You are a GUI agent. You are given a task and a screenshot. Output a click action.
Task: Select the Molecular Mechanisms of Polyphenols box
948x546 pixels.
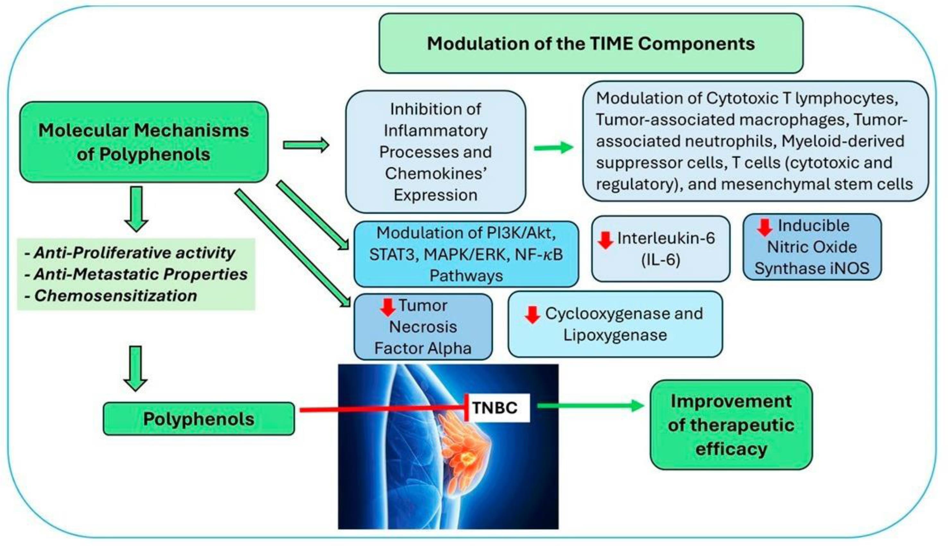click(x=144, y=142)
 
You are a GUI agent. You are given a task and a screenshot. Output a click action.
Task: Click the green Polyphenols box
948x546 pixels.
click(x=199, y=419)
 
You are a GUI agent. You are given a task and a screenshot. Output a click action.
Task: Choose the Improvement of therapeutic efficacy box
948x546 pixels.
click(x=731, y=425)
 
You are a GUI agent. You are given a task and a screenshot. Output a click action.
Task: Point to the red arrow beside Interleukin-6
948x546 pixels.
click(x=605, y=240)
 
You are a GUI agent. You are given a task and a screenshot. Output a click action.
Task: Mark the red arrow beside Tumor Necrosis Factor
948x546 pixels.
click(x=387, y=307)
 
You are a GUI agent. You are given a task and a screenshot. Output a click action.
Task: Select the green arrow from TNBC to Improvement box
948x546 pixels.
click(x=590, y=405)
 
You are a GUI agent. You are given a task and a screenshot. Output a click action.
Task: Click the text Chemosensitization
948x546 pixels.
click(x=115, y=296)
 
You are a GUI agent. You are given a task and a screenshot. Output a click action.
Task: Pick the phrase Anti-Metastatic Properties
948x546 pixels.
click(x=141, y=274)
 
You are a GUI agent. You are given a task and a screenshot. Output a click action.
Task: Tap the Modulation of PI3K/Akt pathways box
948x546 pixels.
click(x=466, y=254)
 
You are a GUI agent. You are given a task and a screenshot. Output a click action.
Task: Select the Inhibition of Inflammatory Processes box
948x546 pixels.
click(x=435, y=152)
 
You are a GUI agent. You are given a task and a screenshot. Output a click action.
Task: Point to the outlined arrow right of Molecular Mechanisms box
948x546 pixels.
click(x=306, y=145)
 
